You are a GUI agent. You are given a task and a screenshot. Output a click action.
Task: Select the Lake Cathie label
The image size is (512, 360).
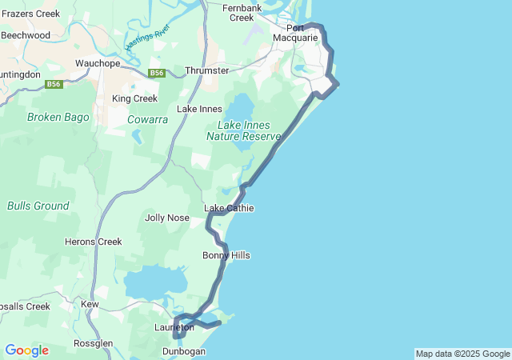(x=230, y=208)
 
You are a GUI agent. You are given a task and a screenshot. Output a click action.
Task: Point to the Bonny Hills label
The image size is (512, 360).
(x=226, y=255)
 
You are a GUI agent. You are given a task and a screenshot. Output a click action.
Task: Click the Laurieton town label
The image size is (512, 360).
(x=174, y=327)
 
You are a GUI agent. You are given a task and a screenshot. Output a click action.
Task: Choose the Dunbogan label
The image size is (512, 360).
(x=184, y=351)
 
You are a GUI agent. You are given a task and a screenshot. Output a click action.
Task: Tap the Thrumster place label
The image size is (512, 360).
(x=207, y=70)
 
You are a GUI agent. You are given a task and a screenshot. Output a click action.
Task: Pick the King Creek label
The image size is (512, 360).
(x=134, y=98)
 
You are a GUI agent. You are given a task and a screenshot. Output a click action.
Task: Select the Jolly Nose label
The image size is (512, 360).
(x=167, y=218)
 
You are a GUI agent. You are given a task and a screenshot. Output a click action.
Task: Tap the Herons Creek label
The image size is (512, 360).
(x=93, y=242)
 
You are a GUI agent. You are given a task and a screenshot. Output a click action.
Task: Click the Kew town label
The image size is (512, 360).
(x=90, y=304)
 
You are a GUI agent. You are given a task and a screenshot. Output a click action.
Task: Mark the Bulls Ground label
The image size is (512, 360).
(x=38, y=206)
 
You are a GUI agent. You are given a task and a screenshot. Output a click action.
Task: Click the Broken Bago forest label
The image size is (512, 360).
(x=58, y=117)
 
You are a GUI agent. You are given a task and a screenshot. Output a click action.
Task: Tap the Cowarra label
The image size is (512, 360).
(x=147, y=119)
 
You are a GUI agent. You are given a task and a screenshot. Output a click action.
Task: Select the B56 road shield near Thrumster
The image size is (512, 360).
(x=157, y=74)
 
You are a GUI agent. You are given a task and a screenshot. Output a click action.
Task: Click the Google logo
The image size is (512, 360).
(x=26, y=350)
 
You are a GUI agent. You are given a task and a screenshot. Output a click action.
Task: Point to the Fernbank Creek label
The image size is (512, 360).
(x=242, y=12)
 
